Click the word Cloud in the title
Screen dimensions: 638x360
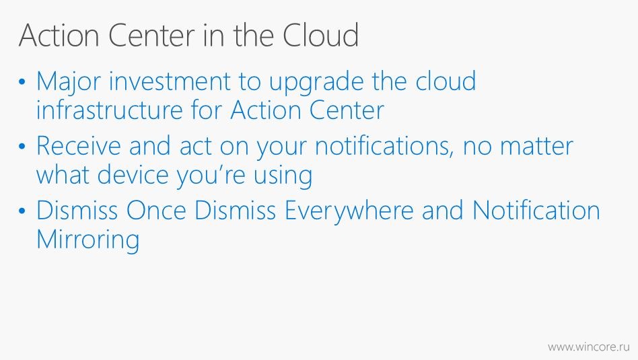(320, 35)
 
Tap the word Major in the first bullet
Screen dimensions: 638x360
(68, 83)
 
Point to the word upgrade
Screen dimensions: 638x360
(316, 83)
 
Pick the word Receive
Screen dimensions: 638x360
(78, 145)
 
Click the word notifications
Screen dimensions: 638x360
(384, 146)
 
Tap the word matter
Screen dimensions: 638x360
(536, 146)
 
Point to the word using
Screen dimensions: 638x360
(283, 176)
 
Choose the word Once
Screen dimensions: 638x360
(156, 211)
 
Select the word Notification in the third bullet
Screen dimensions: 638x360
(536, 211)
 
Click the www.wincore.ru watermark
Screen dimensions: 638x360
(588, 347)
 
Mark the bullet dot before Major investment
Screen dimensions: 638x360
(22, 82)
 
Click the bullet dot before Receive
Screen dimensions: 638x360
(22, 147)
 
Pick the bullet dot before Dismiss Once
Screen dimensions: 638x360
(22, 211)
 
